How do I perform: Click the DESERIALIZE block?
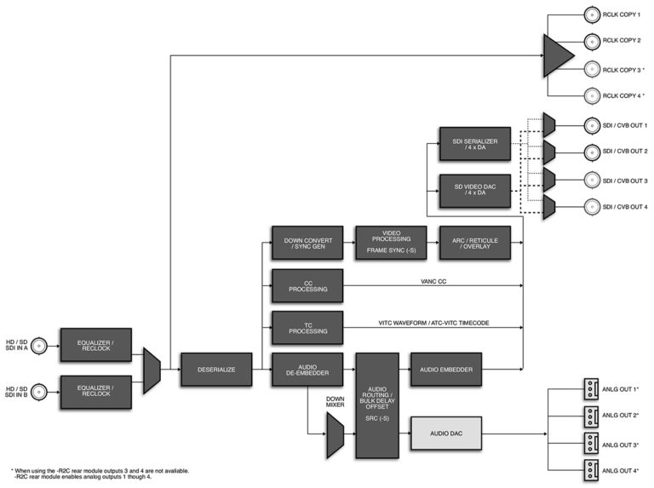click(216, 370)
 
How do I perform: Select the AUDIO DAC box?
click(446, 433)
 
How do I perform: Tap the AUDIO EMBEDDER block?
click(446, 370)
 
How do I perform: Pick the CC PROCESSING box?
click(307, 285)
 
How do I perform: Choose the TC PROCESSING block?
click(307, 328)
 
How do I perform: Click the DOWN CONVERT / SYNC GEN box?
click(307, 244)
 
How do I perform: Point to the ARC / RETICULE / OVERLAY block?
click(475, 244)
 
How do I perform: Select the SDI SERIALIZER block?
click(475, 144)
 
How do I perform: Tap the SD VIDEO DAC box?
click(475, 191)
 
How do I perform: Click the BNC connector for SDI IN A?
click(39, 346)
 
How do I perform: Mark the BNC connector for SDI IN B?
click(39, 392)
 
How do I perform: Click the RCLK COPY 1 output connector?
click(592, 15)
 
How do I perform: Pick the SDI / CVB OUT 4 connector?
click(592, 207)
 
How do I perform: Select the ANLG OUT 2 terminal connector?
click(591, 416)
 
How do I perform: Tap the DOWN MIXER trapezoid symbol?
click(336, 435)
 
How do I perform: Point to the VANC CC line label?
click(433, 282)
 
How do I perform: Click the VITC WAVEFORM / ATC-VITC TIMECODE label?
click(433, 323)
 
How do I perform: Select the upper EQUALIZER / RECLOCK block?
click(96, 345)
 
